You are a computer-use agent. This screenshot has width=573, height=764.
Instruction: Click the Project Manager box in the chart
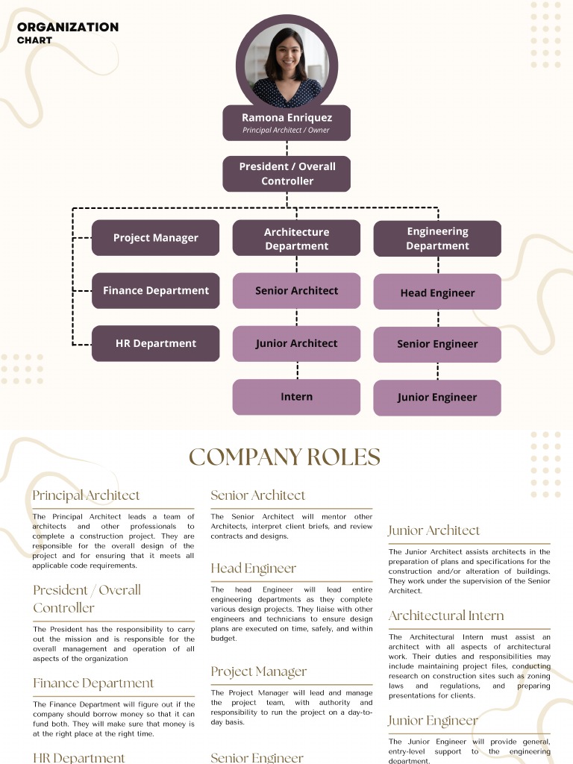click(155, 238)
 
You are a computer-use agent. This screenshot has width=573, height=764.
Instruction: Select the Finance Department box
click(155, 291)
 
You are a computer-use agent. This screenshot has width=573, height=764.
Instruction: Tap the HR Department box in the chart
click(155, 344)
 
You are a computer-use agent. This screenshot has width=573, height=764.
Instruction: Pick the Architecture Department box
click(296, 239)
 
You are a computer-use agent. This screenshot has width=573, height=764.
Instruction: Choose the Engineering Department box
click(437, 239)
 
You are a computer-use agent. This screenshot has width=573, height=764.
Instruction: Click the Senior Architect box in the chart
click(296, 291)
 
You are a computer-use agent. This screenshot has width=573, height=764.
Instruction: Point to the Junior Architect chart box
click(296, 344)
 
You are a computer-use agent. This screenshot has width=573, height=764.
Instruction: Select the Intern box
click(296, 397)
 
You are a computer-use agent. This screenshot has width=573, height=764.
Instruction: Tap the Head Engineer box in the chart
click(437, 292)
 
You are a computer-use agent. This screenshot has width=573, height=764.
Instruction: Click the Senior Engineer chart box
click(437, 345)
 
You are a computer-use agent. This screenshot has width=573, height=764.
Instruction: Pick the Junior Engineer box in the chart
click(437, 398)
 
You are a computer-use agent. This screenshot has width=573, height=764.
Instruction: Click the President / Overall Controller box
click(286, 174)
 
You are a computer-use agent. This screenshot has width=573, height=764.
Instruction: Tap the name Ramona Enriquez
click(286, 117)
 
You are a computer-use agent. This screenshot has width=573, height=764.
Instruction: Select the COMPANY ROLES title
click(284, 457)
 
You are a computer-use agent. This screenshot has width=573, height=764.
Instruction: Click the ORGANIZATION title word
click(68, 27)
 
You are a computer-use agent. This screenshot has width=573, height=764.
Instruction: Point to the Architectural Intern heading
click(446, 616)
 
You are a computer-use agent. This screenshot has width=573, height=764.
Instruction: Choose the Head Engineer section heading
click(254, 569)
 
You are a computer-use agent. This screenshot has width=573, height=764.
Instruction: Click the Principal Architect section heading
click(86, 495)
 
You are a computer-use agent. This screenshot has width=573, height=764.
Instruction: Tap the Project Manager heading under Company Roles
click(259, 671)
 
